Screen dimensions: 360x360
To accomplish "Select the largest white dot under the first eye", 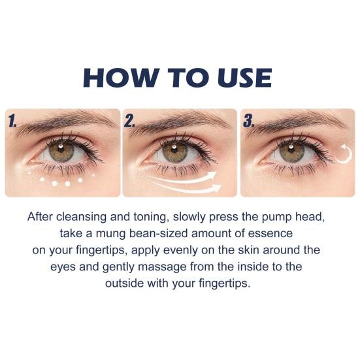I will [67, 184].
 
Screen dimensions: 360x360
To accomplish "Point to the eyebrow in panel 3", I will [294, 122].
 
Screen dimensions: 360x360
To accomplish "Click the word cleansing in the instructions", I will [84, 216].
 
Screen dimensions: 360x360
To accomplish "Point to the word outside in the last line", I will [126, 284].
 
